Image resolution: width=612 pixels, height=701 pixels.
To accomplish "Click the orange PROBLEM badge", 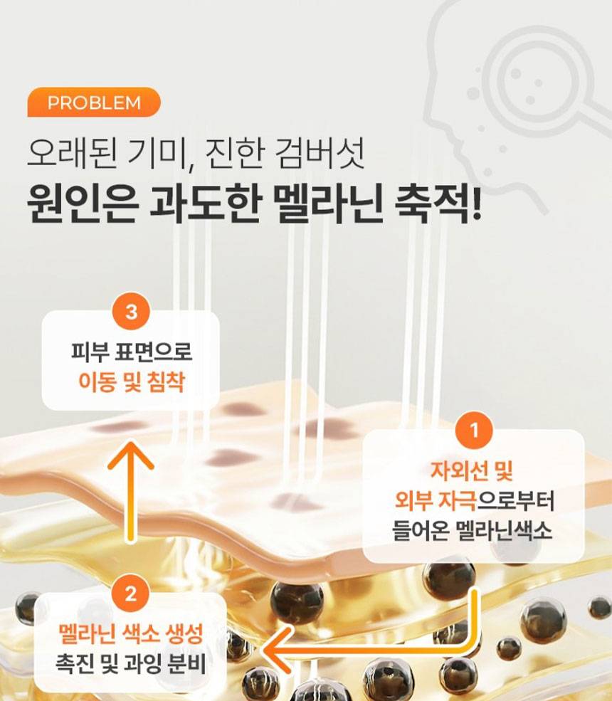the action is (94, 102).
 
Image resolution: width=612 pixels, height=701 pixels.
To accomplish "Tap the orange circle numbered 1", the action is (474, 431).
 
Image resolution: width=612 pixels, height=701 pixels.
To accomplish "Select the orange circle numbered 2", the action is (130, 594).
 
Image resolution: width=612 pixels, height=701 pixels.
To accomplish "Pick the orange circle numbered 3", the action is (132, 311).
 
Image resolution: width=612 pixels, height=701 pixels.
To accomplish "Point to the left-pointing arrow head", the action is (278, 650).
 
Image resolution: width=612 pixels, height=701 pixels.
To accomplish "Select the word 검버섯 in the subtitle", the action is (320, 153).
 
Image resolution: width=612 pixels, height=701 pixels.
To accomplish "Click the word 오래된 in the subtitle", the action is (72, 153).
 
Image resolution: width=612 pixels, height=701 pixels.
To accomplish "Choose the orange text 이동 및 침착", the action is (131, 382).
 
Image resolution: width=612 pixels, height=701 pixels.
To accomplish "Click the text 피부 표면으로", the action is (132, 352).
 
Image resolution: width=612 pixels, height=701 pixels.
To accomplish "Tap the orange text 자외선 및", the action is (471, 470).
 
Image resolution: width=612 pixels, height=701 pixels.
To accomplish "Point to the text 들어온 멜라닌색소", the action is (472, 531).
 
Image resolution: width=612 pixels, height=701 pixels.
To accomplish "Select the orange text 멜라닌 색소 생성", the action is (130, 633).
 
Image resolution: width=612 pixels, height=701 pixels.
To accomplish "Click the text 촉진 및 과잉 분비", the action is (130, 663).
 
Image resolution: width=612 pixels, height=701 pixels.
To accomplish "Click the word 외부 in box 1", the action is (412, 500).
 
